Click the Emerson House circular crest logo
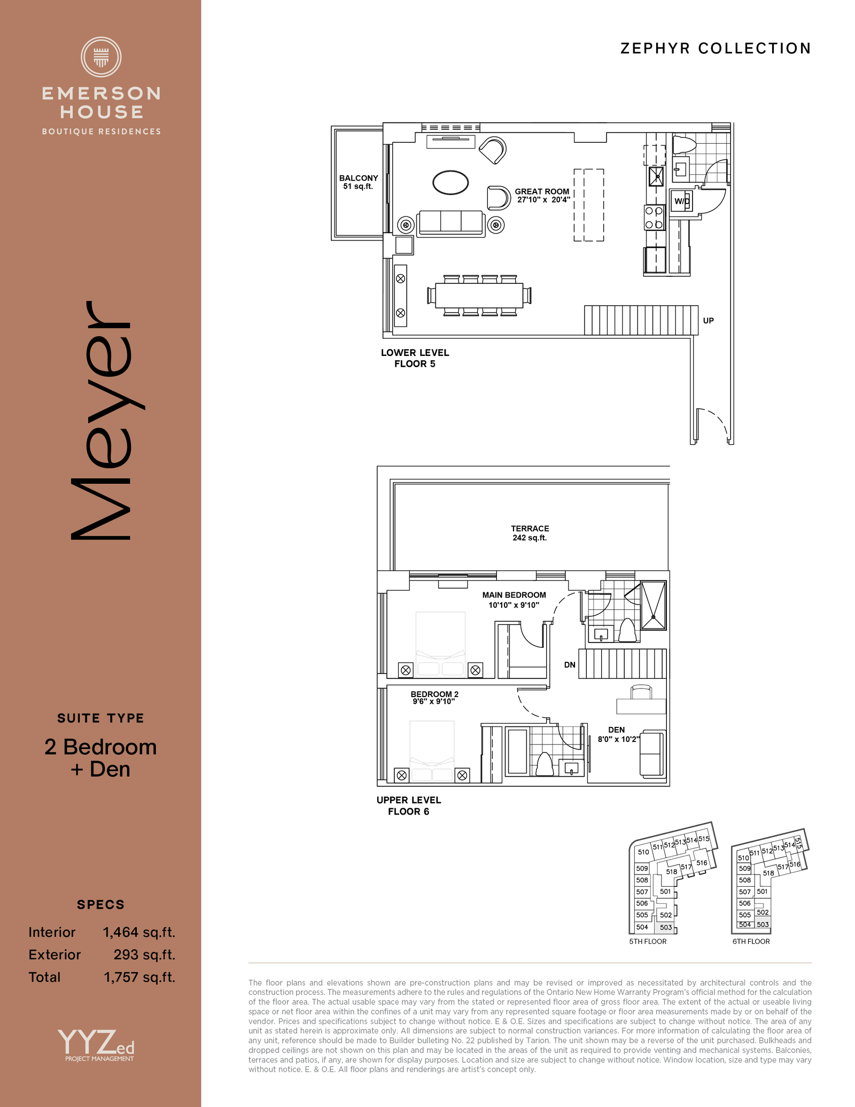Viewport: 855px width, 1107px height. coord(101,57)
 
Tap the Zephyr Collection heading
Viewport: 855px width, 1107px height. coord(716,49)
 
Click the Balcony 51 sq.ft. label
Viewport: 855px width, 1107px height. coord(359,182)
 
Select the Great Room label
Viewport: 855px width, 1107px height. coord(542,196)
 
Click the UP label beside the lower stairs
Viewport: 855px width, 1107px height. coord(709,321)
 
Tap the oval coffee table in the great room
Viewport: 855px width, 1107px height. coord(450,182)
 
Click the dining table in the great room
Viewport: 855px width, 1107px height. coord(479,296)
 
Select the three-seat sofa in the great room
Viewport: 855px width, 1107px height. coord(452,223)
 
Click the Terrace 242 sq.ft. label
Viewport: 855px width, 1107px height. coord(530,533)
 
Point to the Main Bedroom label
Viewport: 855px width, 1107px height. coord(514,600)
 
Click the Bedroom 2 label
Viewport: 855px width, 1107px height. coord(434,698)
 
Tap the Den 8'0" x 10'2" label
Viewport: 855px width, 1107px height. coord(618,734)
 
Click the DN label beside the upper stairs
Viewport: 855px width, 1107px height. coord(570,665)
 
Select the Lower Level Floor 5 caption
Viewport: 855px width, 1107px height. coord(415,358)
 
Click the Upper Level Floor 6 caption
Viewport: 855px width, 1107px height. coord(409,806)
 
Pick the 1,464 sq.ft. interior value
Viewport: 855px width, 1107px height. coord(139,933)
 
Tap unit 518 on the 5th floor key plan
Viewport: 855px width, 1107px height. coord(672,872)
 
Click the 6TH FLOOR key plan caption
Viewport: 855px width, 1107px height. coord(751,941)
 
